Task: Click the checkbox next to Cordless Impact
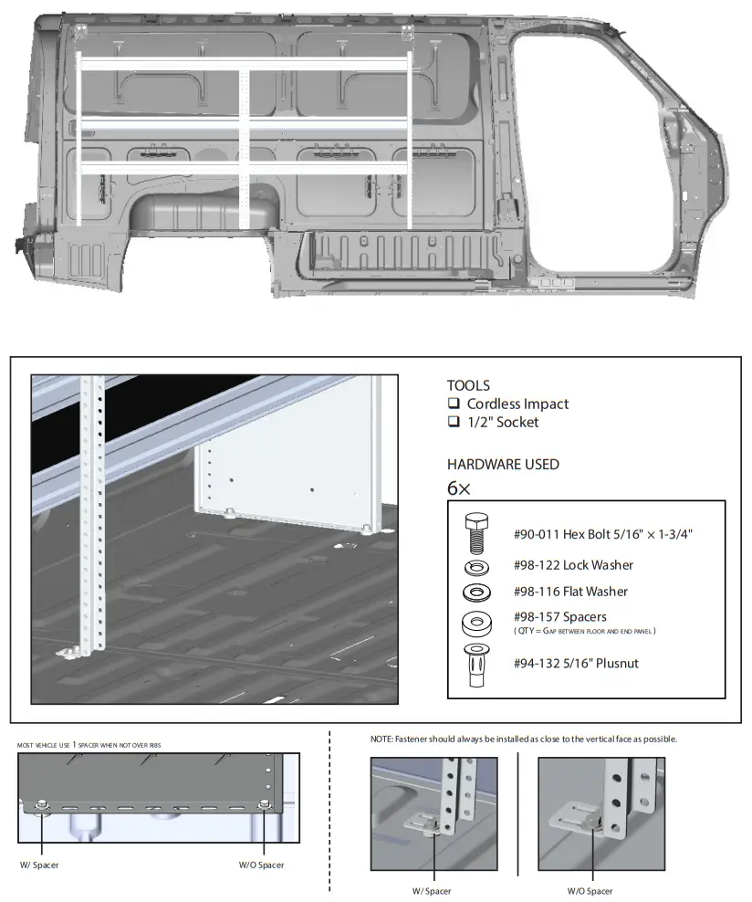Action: click(453, 404)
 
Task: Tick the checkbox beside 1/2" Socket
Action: click(453, 422)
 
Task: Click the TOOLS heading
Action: click(468, 385)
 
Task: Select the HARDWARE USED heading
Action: click(503, 464)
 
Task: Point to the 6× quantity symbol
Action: click(458, 488)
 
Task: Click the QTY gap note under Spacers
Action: click(585, 631)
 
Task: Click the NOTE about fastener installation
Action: click(523, 739)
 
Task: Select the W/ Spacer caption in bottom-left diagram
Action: click(38, 865)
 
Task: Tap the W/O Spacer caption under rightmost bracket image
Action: click(590, 891)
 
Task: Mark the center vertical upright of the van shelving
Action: click(244, 146)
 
